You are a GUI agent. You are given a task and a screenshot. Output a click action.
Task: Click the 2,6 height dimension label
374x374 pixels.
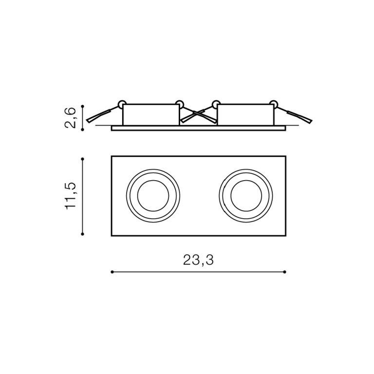71,118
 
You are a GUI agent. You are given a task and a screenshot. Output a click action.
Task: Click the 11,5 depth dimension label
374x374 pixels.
71,196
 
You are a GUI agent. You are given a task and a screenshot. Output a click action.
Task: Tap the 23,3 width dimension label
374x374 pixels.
198,260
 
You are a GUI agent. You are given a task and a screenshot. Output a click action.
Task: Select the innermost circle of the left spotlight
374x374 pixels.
153,180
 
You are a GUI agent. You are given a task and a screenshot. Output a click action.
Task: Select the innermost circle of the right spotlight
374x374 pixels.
246,180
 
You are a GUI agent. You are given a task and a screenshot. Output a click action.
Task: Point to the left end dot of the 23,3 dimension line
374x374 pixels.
112,272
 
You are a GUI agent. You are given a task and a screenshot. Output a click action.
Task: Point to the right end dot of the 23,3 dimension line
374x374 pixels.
284,272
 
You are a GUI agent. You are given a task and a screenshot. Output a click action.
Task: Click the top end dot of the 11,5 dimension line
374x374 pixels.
82,159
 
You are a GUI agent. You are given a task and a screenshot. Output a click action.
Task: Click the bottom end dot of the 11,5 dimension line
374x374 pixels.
82,234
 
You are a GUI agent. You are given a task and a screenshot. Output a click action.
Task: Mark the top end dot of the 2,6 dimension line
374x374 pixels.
82,106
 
